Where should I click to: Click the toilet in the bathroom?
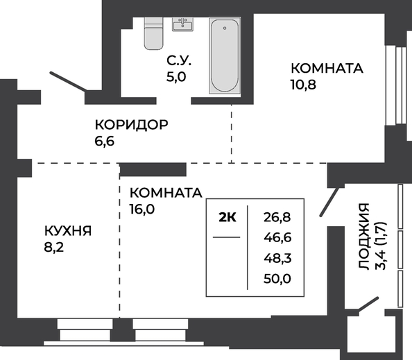click(x=154, y=33)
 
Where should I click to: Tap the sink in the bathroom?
click(x=182, y=24)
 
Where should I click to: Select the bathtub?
click(x=225, y=55)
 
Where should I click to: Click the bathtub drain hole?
click(x=225, y=28)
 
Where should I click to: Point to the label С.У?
click(x=179, y=61)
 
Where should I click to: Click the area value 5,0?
click(x=176, y=77)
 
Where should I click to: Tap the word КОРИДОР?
click(x=131, y=125)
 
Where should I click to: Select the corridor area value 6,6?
click(x=104, y=141)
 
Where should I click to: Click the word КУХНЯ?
click(x=68, y=231)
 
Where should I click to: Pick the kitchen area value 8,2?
click(x=54, y=247)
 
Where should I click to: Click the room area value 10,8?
click(x=303, y=85)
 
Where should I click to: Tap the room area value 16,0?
click(x=142, y=209)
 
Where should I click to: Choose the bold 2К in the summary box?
click(x=228, y=218)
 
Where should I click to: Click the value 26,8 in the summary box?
click(x=277, y=217)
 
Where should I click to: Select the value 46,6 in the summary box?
click(x=277, y=237)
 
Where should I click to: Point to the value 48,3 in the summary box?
click(x=277, y=258)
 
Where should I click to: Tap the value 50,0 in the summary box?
click(x=277, y=279)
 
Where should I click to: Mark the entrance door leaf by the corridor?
click(x=68, y=81)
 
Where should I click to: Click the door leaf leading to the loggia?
click(x=328, y=202)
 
